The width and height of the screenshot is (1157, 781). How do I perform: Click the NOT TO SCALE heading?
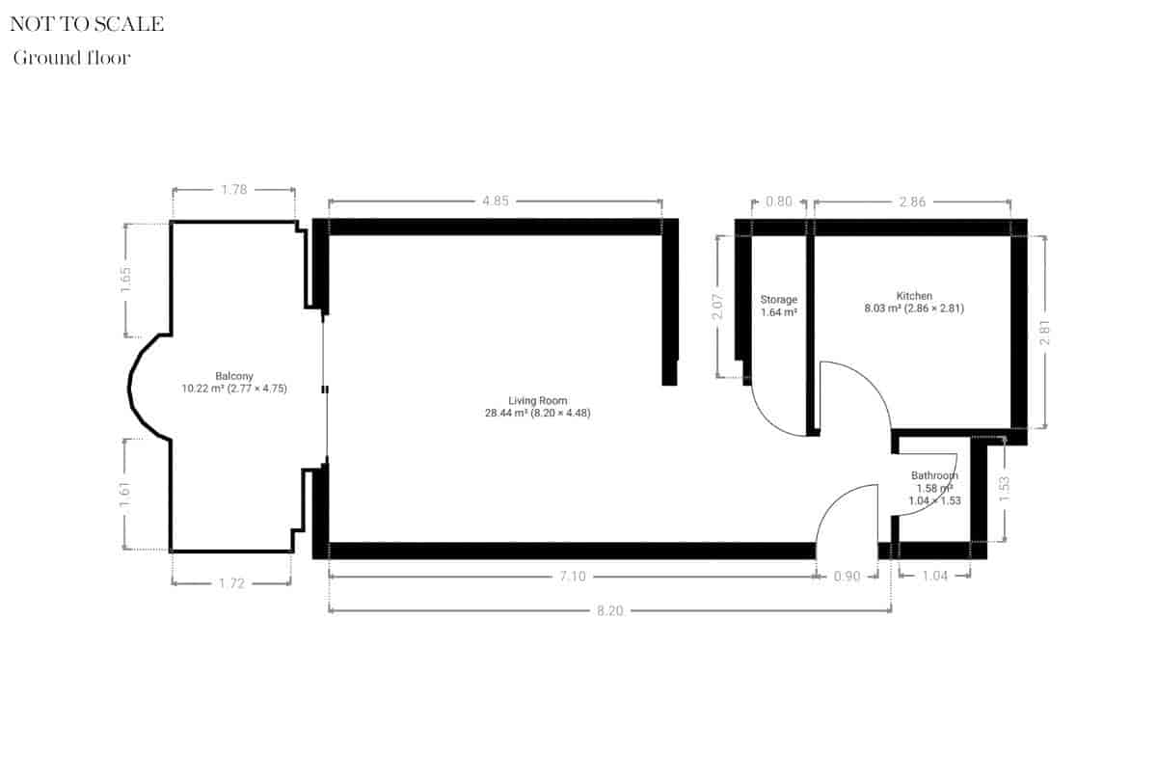pos(87,24)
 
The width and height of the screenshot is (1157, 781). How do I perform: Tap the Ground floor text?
pos(71,58)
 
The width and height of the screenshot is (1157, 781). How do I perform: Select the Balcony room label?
pos(234,376)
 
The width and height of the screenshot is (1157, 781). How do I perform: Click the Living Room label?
pos(538,400)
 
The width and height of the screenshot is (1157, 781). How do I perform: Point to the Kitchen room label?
pos(914,296)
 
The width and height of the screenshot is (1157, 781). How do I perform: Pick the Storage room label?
pos(778,300)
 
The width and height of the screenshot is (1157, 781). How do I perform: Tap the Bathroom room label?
pos(935,475)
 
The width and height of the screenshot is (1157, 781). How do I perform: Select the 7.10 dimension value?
pos(573,576)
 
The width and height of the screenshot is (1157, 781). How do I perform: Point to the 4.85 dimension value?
pos(495,202)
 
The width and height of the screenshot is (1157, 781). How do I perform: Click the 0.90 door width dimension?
pos(847,576)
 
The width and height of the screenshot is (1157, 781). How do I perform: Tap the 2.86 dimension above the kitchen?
pos(912,202)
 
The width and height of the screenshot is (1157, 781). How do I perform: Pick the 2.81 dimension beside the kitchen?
pos(1045,334)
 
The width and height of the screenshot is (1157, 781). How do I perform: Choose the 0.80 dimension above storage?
pos(778,202)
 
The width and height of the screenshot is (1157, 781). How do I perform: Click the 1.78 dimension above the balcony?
pos(234,190)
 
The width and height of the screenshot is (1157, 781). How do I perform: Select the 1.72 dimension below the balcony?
pos(231,583)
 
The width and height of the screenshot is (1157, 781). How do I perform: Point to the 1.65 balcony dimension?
pos(126,280)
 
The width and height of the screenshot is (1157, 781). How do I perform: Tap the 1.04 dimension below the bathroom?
pos(934,576)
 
